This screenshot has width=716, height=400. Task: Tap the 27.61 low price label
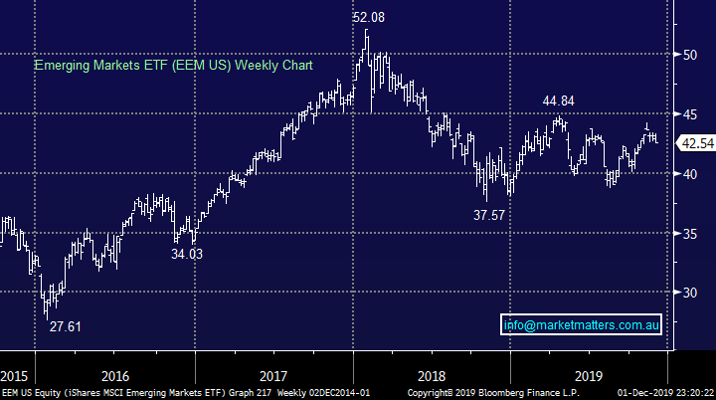pyautogui.click(x=67, y=325)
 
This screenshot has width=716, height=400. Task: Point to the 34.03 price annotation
pyautogui.click(x=191, y=255)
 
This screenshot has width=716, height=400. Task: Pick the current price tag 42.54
pyautogui.click(x=695, y=143)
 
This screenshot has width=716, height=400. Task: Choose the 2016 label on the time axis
pyautogui.click(x=114, y=376)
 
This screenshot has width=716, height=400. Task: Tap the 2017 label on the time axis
pyautogui.click(x=272, y=376)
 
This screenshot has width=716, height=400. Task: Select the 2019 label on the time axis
pyautogui.click(x=589, y=376)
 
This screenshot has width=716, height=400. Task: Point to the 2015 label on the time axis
pyautogui.click(x=15, y=376)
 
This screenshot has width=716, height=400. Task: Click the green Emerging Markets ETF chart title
pyautogui.click(x=174, y=66)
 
